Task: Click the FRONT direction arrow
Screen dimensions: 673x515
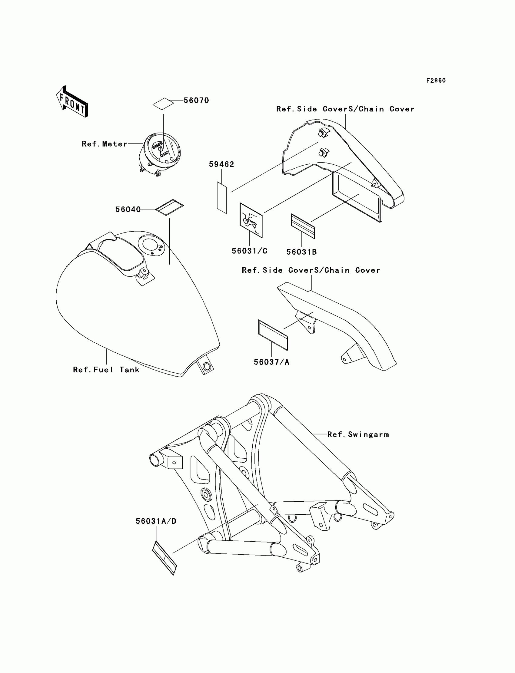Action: tap(72, 102)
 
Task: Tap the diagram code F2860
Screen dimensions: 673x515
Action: tap(436, 81)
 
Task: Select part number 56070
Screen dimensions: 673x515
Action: tap(196, 101)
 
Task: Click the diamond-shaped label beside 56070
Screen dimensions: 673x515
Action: tap(163, 104)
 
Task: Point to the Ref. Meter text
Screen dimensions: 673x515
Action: tap(104, 144)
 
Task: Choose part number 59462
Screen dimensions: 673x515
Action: tap(221, 164)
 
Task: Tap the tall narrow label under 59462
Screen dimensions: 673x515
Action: tap(222, 197)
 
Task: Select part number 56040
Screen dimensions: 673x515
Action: tap(128, 209)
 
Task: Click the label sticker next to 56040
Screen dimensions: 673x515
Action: tap(170, 207)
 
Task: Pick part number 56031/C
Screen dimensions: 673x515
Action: tap(250, 251)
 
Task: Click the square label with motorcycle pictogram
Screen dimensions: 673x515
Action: tap(251, 220)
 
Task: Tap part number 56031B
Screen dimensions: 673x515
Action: tap(301, 252)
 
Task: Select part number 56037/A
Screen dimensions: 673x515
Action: tap(272, 362)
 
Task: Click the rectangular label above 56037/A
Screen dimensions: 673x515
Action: tap(273, 335)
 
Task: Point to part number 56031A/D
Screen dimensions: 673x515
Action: tap(156, 521)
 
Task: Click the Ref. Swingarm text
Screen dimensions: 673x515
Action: tap(358, 434)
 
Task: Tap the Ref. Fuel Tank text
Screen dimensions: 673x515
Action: tap(106, 370)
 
